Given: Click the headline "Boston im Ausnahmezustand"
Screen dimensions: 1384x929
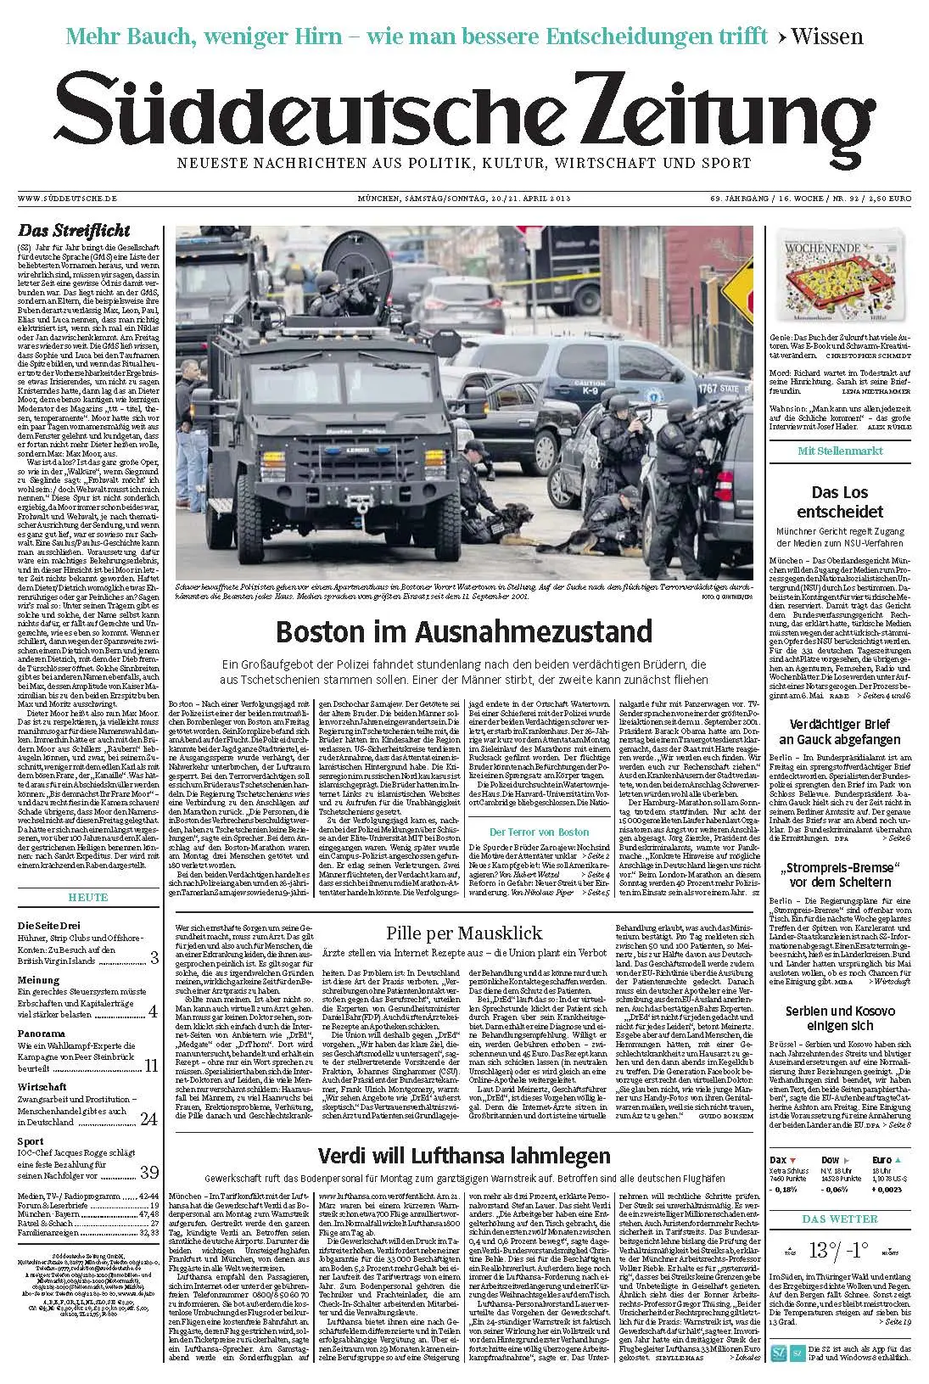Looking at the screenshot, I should point(464,632).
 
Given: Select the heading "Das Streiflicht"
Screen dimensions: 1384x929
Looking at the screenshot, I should point(75,230).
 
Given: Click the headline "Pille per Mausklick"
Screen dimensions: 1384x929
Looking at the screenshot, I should point(463,933).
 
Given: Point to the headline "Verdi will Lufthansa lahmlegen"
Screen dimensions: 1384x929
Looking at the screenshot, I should point(463,1155).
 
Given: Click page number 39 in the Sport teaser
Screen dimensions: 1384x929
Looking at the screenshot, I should point(149,1172).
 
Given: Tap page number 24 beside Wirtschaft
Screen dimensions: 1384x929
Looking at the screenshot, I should point(149,1119).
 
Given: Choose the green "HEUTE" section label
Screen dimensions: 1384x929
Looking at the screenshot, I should point(88,897).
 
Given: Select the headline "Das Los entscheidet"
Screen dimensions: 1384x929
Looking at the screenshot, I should point(839,502).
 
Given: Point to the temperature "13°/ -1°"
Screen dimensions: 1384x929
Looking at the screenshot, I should point(837,1250).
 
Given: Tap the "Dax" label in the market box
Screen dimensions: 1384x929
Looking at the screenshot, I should point(779,1159).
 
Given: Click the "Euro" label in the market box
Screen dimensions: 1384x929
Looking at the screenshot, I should point(881,1159).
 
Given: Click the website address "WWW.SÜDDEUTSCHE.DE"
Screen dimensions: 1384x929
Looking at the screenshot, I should point(67,199).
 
